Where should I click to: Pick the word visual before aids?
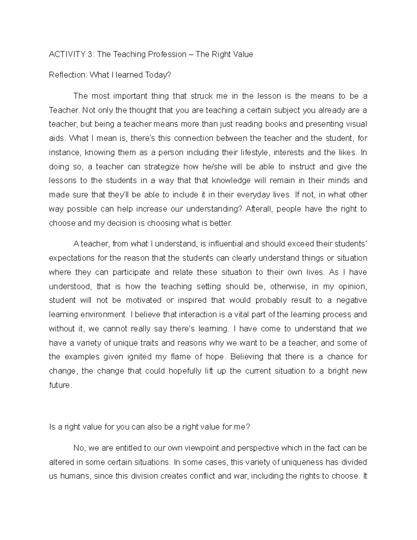click(x=357, y=124)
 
